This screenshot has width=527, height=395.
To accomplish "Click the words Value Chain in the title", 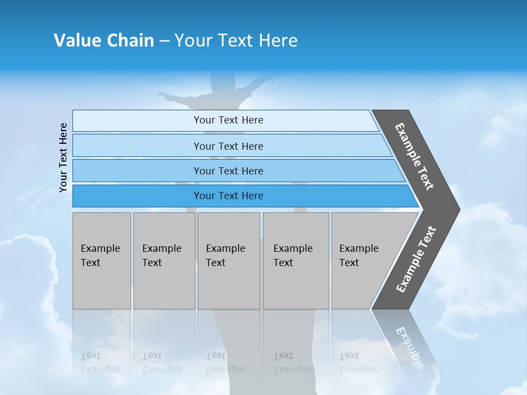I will pyautogui.click(x=104, y=41).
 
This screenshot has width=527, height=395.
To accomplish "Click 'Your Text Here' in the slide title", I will pyautogui.click(x=236, y=41).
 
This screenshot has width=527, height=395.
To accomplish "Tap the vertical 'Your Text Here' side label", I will pyautogui.click(x=64, y=157).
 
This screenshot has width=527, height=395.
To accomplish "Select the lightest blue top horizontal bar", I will pyautogui.click(x=228, y=120).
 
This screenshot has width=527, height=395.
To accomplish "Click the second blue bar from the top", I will pyautogui.click(x=228, y=146).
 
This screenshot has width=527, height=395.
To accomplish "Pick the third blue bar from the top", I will pyautogui.click(x=228, y=171).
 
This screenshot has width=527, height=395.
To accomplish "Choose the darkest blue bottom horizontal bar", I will pyautogui.click(x=228, y=196).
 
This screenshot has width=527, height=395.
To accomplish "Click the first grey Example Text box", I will pyautogui.click(x=102, y=261).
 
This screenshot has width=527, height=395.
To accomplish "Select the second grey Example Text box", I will pyautogui.click(x=164, y=261).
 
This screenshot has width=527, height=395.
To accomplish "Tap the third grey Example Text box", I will pyautogui.click(x=228, y=261).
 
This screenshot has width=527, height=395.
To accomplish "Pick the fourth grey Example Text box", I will pyautogui.click(x=295, y=261).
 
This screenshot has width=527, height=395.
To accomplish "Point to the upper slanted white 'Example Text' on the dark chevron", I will pyautogui.click(x=414, y=156).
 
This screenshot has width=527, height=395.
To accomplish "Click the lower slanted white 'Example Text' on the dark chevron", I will pyautogui.click(x=416, y=259).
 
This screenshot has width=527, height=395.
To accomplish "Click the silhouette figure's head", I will pyautogui.click(x=222, y=82).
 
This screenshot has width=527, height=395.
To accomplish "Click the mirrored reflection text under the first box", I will pyautogui.click(x=100, y=363).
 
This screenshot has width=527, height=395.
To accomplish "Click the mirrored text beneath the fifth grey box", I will pyautogui.click(x=358, y=363).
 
